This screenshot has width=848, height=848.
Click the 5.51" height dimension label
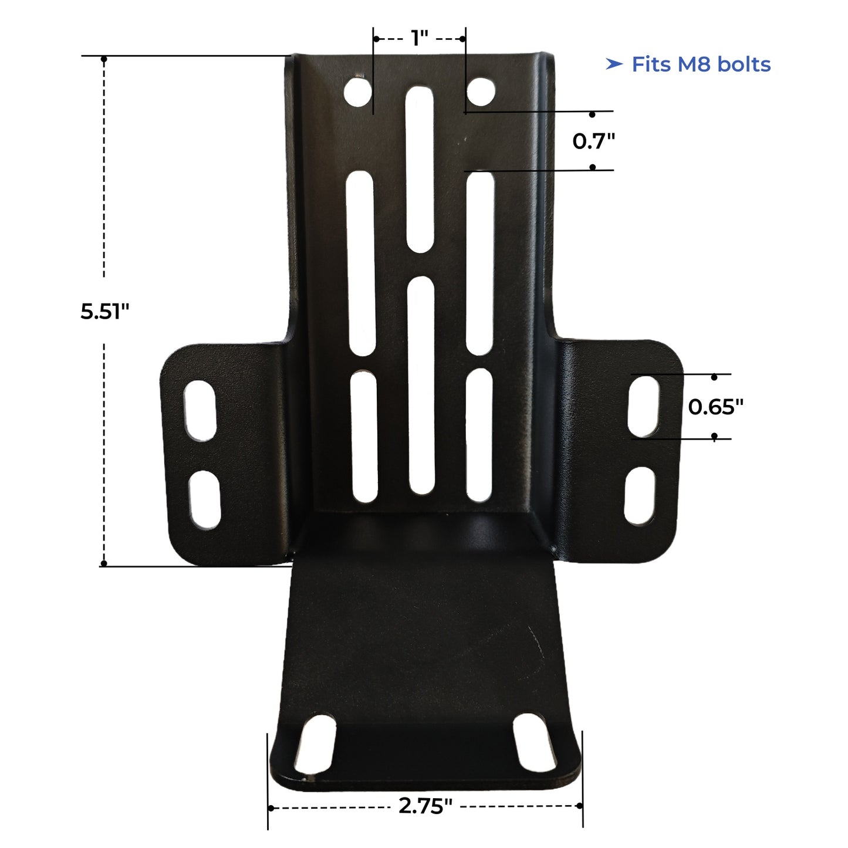104,311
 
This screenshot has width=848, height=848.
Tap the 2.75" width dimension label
425,806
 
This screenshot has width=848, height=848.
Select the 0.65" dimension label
715,406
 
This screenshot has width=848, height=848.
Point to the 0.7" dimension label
593,141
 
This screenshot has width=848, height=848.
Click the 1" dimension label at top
420,38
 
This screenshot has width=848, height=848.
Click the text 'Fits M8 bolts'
701,64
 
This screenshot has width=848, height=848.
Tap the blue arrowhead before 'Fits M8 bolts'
614,64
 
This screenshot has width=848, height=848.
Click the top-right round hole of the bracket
481,92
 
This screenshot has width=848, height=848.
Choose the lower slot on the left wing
204,499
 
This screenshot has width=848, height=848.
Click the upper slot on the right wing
644,406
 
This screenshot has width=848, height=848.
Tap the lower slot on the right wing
640,496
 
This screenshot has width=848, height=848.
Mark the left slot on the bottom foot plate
315,744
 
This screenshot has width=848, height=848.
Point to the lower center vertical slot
421,386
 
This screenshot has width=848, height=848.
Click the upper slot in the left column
360,263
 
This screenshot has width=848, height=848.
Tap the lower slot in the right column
479,435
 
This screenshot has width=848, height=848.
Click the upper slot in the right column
481,263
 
